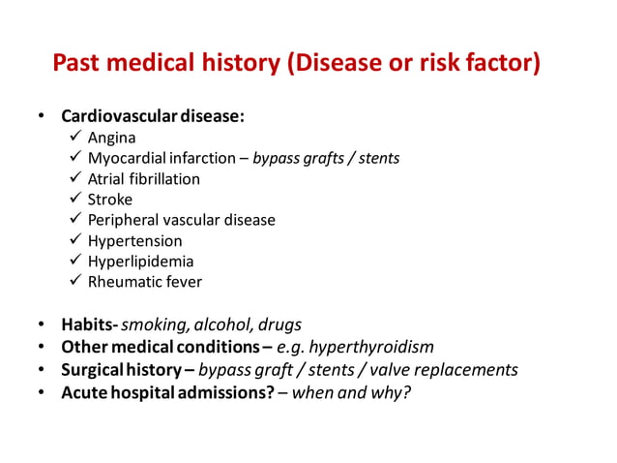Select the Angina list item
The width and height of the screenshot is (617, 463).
[x=111, y=138]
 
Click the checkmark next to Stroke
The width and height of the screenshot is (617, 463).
[x=75, y=200]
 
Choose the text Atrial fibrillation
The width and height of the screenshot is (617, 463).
[x=144, y=179]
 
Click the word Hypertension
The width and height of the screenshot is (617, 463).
[x=134, y=240]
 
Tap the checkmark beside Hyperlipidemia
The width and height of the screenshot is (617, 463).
[x=75, y=262]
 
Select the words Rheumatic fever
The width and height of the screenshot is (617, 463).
[x=145, y=282]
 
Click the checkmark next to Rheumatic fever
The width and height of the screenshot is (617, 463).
[x=75, y=282]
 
